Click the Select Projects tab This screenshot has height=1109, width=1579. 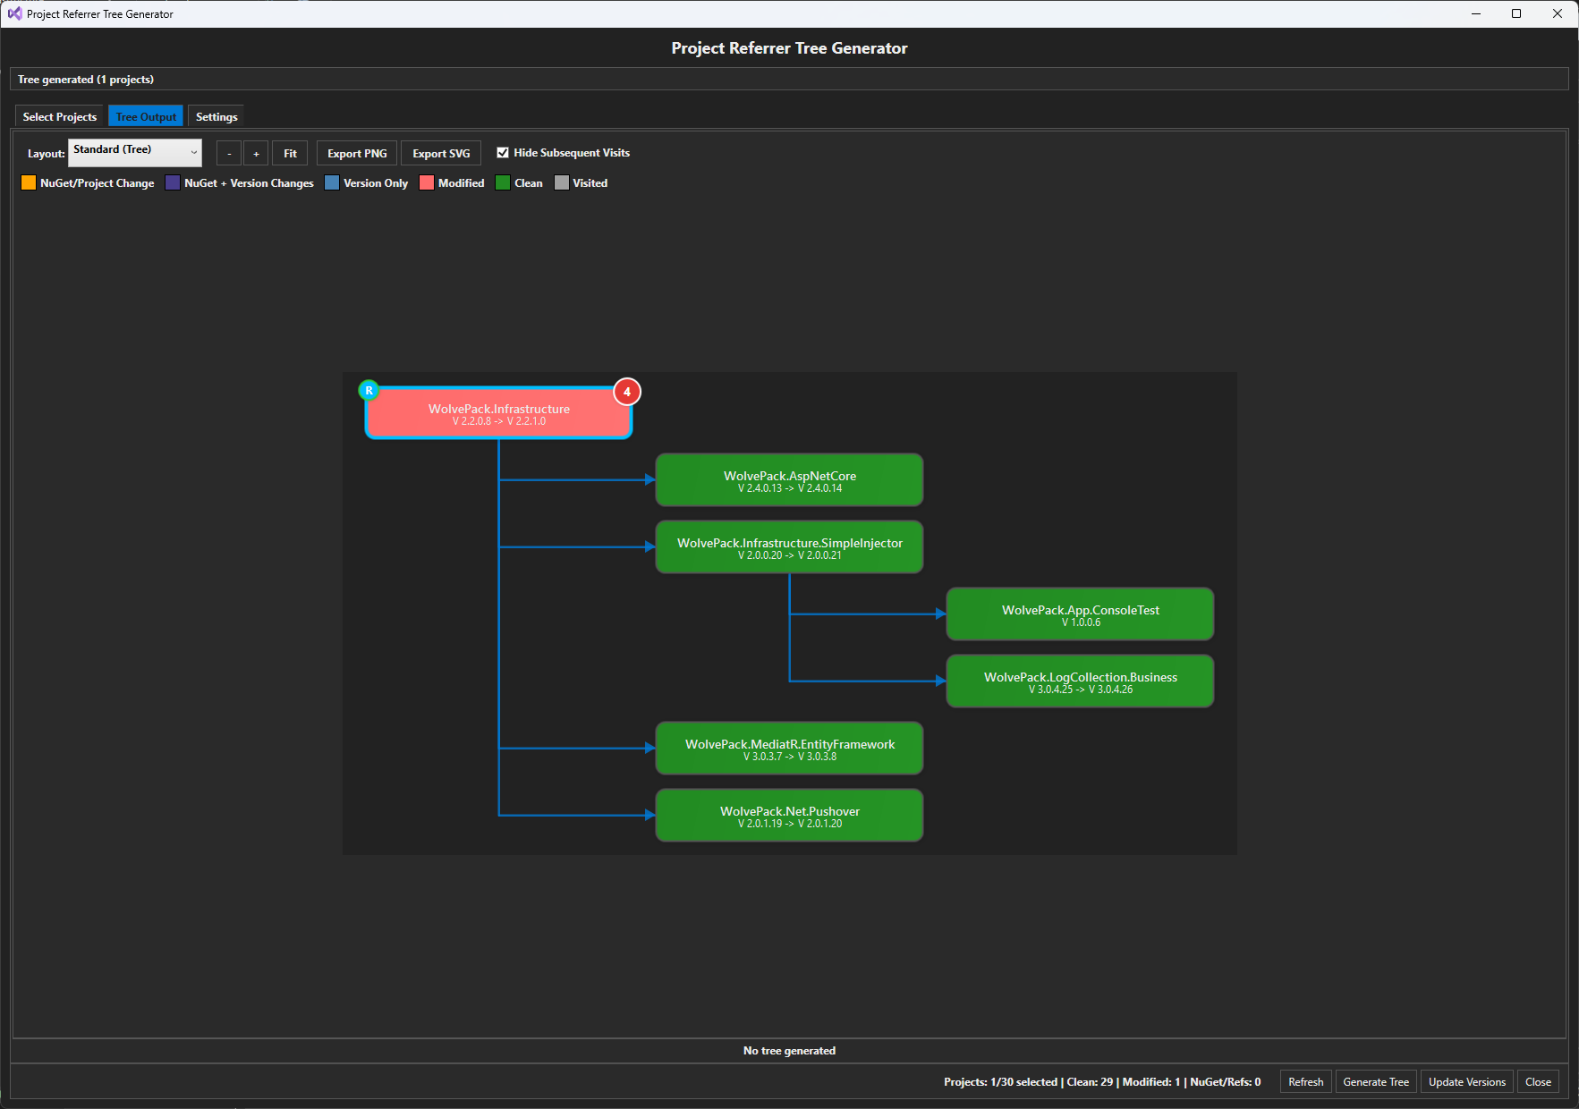(x=59, y=116)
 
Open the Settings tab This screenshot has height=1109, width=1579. (x=216, y=116)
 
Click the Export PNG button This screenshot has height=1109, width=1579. (x=357, y=153)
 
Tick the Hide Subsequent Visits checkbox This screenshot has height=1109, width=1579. (x=503, y=152)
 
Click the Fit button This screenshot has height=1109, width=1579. (x=290, y=153)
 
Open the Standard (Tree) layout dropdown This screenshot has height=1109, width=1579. (x=135, y=152)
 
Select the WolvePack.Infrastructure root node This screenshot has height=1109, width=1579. (x=498, y=414)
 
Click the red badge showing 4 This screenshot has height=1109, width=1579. (x=627, y=392)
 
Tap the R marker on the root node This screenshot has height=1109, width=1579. (x=369, y=391)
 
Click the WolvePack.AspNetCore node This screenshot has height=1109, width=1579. (x=789, y=480)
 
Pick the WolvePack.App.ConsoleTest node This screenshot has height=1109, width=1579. (x=1080, y=614)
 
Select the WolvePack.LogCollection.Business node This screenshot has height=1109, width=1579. (x=1080, y=681)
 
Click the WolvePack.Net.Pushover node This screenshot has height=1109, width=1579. (x=789, y=816)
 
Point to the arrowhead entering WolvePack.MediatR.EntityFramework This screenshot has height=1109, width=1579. (x=650, y=748)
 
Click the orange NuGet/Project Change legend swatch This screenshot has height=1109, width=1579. (x=29, y=182)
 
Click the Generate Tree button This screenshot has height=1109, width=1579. (x=1375, y=1081)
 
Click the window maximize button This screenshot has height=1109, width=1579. (x=1516, y=13)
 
